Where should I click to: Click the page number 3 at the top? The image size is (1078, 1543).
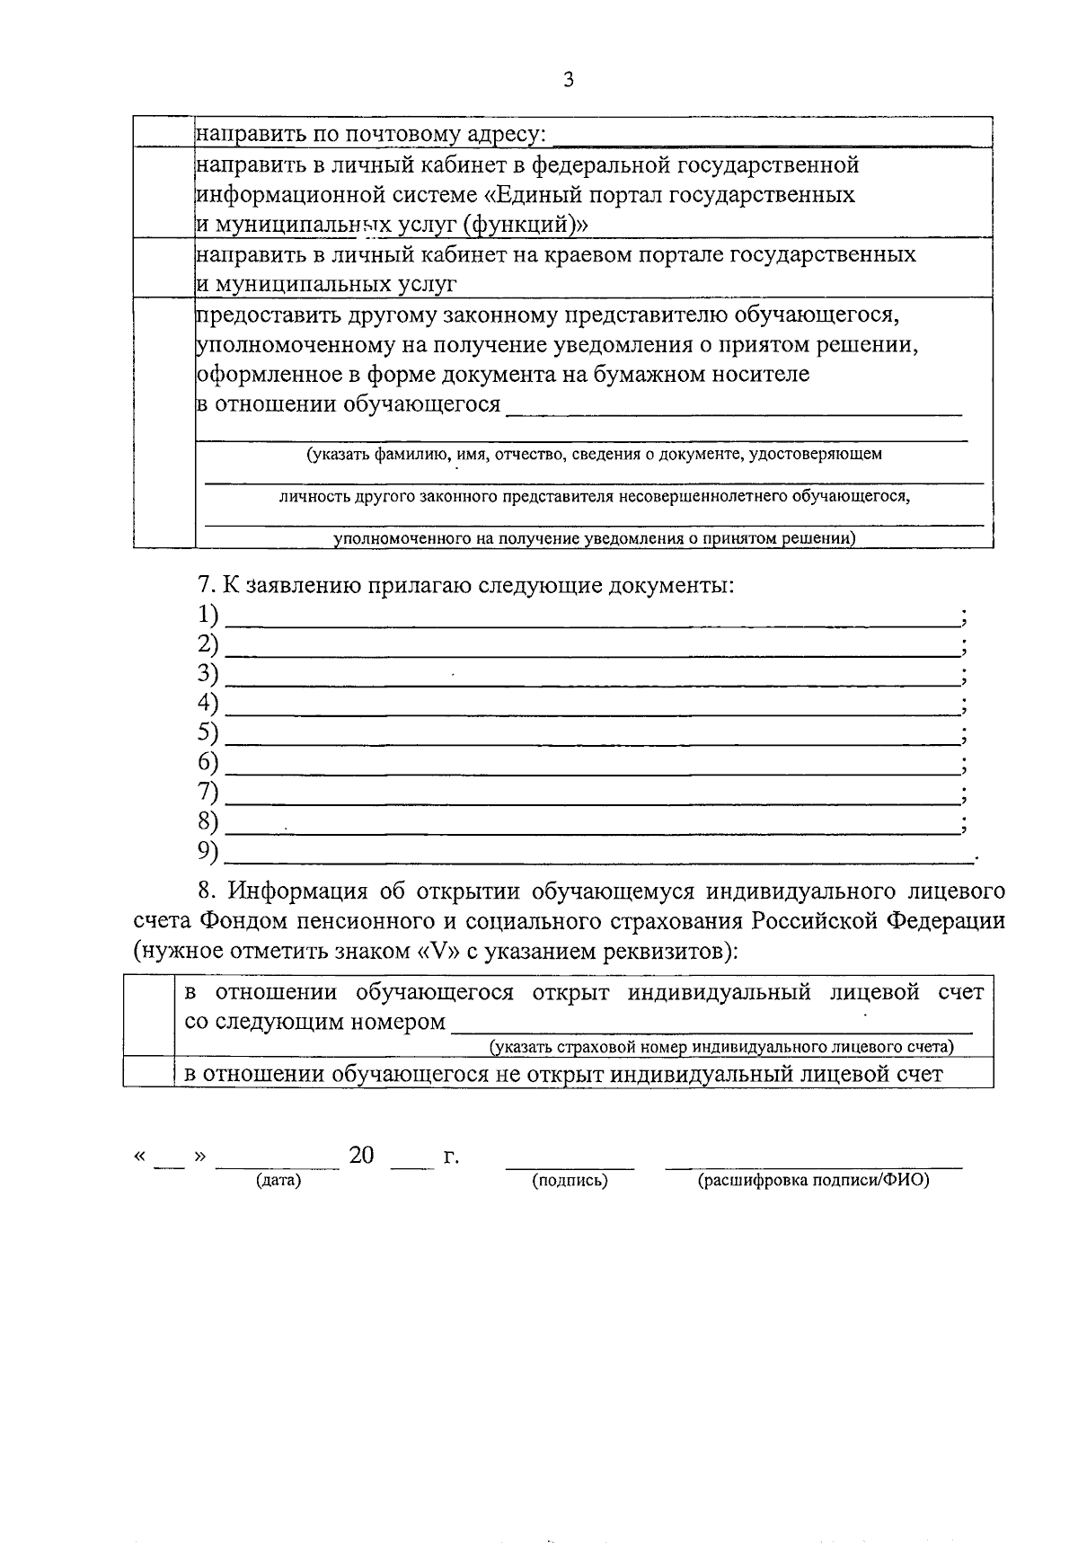point(567,81)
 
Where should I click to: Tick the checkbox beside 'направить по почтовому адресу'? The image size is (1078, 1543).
point(164,132)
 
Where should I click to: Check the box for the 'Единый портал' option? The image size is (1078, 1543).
point(164,193)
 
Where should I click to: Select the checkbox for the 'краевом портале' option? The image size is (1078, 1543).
point(164,268)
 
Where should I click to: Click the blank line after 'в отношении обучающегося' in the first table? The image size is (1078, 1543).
point(734,405)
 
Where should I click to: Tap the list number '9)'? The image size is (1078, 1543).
point(208,850)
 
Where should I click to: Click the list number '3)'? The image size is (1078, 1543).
point(208,673)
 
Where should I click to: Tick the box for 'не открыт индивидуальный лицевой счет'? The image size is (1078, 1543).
point(148,1073)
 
